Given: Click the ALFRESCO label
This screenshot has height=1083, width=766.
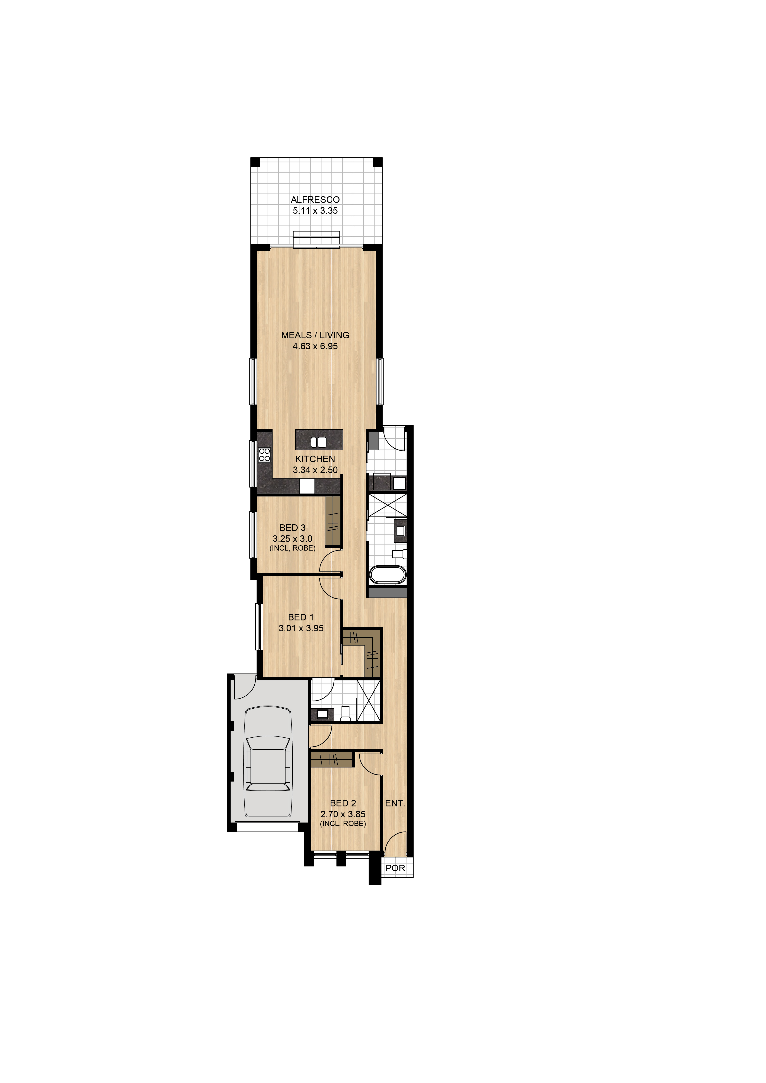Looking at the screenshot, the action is [315, 200].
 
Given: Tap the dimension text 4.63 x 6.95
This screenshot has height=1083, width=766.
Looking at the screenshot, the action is [315, 346].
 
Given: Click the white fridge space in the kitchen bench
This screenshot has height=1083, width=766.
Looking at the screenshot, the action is [307, 486].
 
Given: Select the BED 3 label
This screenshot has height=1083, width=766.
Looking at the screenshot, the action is [292, 528].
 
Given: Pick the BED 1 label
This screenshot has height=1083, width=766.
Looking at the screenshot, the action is [301, 617].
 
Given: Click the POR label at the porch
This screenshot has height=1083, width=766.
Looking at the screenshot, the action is [395, 868].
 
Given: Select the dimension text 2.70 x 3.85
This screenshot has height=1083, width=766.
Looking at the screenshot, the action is [343, 814].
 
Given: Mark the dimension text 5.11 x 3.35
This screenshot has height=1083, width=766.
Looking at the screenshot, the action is [315, 211].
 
